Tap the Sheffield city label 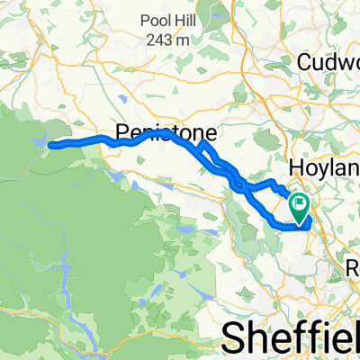coord(290,337)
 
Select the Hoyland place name coord(323,167)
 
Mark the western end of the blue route coord(49,144)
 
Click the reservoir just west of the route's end coord(37,141)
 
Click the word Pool coord(154,22)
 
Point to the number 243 coord(163,39)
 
